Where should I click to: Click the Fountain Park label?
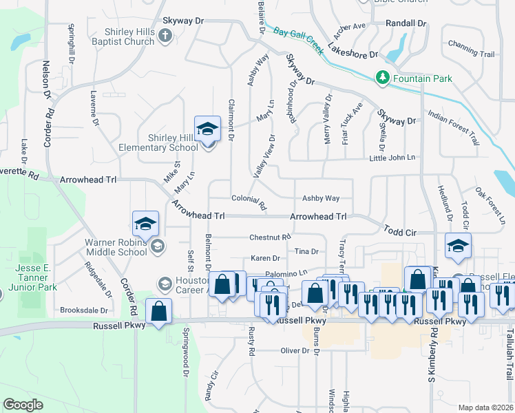[423, 79]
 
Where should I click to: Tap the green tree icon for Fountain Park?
[382, 78]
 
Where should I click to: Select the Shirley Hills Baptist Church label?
[129, 36]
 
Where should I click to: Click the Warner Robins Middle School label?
[116, 247]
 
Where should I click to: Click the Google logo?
[23, 405]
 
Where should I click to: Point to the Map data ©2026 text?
[486, 407]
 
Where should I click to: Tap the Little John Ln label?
[392, 158]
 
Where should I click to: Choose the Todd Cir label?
[400, 233]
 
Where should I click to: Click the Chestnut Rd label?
[269, 237]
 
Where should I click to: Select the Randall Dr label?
[406, 23]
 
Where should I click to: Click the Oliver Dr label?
[295, 351]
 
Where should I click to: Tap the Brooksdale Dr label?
[85, 310]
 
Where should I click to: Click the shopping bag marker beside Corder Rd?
[158, 310]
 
